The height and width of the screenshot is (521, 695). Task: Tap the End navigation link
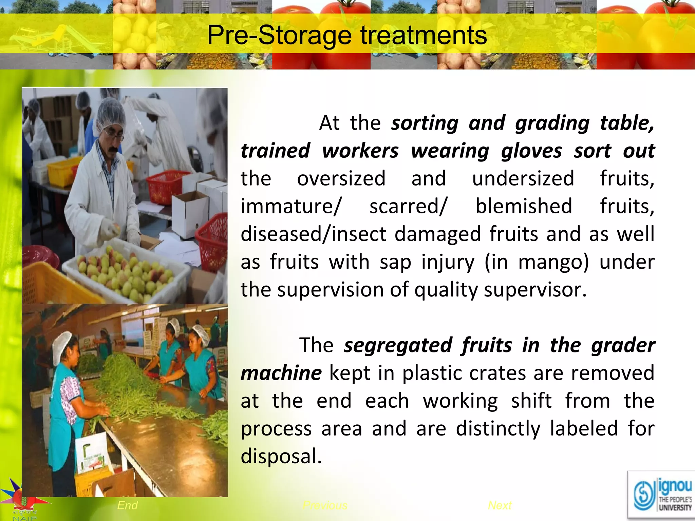click(x=127, y=505)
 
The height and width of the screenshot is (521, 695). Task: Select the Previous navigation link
click(x=325, y=505)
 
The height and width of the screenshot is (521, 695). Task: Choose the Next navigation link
click(x=500, y=505)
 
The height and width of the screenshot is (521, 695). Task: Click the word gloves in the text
click(x=531, y=151)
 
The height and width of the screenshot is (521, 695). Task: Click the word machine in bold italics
click(x=281, y=373)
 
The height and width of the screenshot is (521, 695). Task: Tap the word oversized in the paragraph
click(x=341, y=178)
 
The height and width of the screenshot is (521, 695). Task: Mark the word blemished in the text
click(x=524, y=206)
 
